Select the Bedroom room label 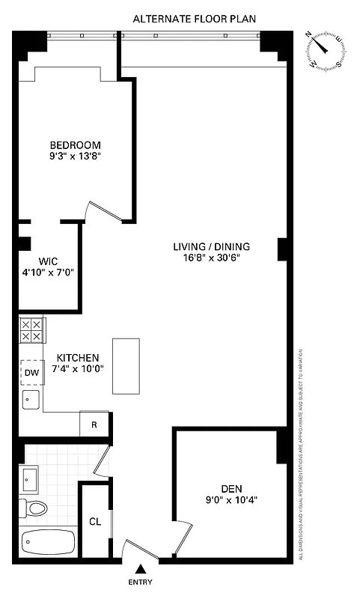(75, 145)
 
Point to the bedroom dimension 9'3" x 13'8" (75, 156)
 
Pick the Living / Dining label (212, 246)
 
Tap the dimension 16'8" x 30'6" (212, 258)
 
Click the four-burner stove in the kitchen (31, 330)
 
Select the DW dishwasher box (31, 372)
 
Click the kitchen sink (31, 398)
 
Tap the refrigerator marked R (94, 424)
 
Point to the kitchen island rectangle (126, 365)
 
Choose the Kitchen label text (77, 357)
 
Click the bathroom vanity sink (31, 476)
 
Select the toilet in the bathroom (34, 509)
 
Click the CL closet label (95, 522)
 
